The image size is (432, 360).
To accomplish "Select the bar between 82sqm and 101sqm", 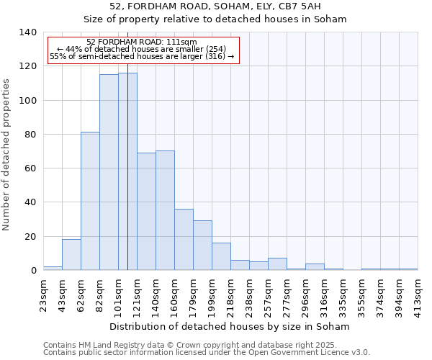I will click(x=109, y=172).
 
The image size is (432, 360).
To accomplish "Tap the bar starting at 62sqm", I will click(x=90, y=201).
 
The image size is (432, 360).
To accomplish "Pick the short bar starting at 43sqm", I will click(x=71, y=255).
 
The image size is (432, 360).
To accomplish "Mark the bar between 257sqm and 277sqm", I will click(x=277, y=264).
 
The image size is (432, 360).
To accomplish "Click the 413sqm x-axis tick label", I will click(x=418, y=293).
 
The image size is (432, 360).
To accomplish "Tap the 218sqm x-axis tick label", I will click(x=230, y=293).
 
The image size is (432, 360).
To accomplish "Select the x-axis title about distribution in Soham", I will click(x=230, y=326).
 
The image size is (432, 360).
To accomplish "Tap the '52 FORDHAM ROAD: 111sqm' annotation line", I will click(x=141, y=42).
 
